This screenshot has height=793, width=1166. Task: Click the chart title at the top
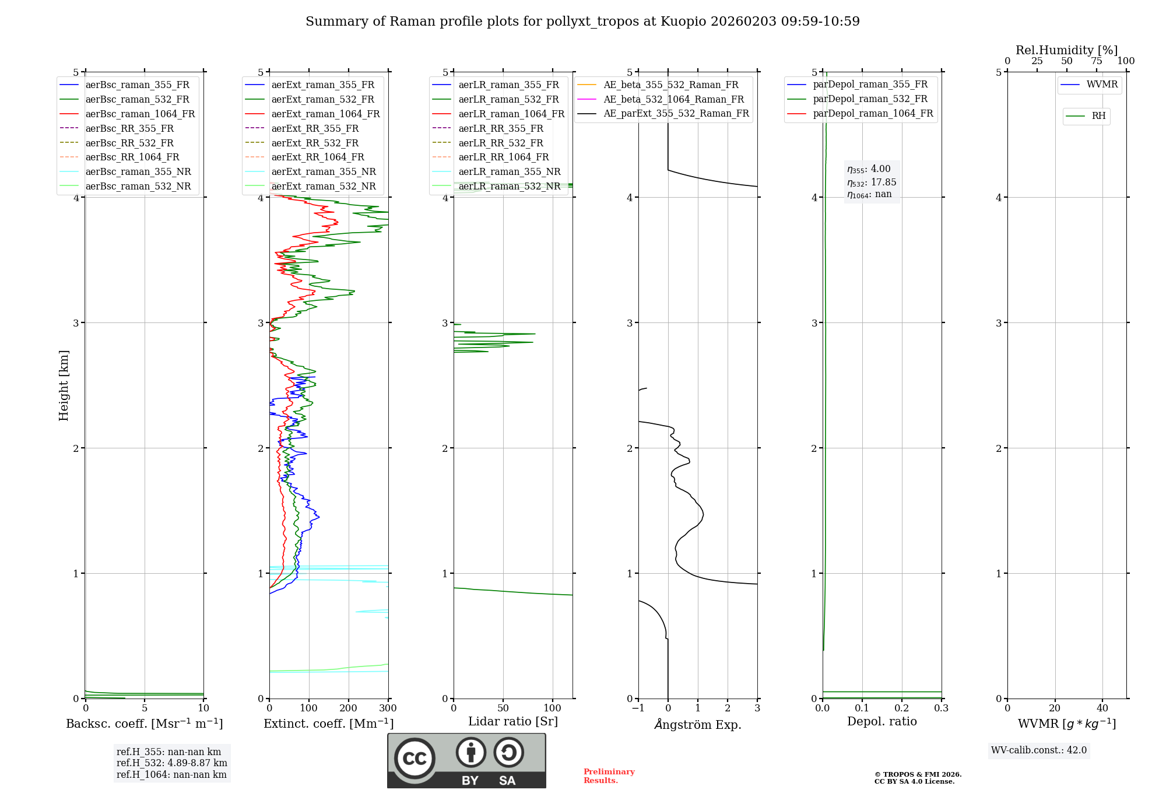coord(582,22)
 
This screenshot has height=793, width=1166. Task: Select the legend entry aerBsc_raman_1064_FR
coord(140,114)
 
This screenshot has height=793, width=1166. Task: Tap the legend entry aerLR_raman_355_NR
coord(509,171)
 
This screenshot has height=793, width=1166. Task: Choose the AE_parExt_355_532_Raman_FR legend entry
coord(676,113)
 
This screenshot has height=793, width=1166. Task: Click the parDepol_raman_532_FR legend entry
coord(870,99)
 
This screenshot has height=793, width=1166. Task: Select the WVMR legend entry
coord(1102,85)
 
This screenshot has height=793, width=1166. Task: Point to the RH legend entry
coord(1098,116)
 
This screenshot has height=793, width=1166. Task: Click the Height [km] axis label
coord(64,385)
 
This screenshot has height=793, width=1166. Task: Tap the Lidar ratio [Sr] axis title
coord(513,721)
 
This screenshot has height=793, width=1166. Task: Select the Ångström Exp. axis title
coord(698,724)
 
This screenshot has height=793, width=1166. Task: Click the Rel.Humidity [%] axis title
coord(1066,50)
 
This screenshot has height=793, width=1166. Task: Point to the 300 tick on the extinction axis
coord(388,708)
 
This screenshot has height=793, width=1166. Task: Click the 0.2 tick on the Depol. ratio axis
coord(902,708)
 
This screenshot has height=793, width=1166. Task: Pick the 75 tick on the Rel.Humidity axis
coord(1096,61)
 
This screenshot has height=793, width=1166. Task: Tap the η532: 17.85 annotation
coord(872,183)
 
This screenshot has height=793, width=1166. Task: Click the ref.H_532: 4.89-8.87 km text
coord(171,763)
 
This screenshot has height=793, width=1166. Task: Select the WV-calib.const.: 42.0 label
coord(1039,750)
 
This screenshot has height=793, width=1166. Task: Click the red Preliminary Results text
coord(609,776)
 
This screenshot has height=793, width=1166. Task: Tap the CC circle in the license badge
coord(415,759)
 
